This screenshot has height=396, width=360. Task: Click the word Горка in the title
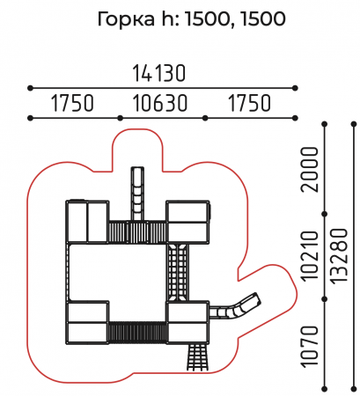click(x=126, y=19)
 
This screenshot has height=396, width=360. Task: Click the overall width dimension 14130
click(x=159, y=73)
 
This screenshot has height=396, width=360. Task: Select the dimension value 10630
click(x=160, y=103)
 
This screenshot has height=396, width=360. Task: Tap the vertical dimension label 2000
click(x=310, y=170)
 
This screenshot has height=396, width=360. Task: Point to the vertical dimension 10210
click(x=310, y=256)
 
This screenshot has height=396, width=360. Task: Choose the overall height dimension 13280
click(x=340, y=256)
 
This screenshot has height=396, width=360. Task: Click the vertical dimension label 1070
click(x=310, y=347)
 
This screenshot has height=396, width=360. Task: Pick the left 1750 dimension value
click(x=72, y=103)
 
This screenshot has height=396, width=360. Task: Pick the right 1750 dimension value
click(x=249, y=103)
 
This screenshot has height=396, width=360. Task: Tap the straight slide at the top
click(x=137, y=194)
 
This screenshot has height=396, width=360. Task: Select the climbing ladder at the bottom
click(x=198, y=357)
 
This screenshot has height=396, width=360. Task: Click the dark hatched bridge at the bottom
click(x=137, y=333)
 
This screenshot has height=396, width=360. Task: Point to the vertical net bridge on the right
click(x=178, y=272)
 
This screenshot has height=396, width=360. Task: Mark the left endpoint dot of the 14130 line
click(x=30, y=88)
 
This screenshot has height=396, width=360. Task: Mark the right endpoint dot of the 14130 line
click(x=295, y=88)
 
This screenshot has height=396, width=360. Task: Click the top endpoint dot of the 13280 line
click(x=354, y=124)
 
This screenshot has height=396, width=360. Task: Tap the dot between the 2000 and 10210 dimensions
click(x=325, y=214)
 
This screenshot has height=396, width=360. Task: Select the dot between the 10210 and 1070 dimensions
click(x=325, y=299)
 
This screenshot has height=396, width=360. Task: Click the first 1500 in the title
click(x=207, y=19)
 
